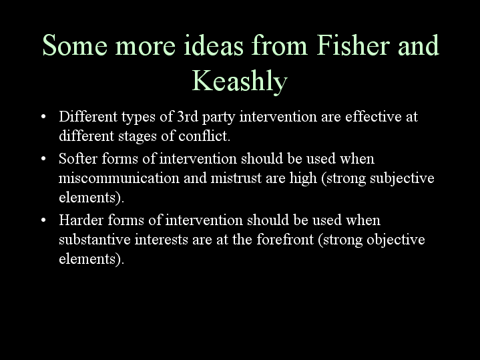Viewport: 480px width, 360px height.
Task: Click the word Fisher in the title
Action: [x=353, y=45]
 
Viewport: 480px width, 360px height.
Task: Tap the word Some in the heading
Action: [x=75, y=45]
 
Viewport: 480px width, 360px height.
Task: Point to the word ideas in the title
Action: [x=214, y=45]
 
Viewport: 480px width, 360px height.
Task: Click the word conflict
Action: [x=204, y=136]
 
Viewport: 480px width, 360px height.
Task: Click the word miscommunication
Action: [x=119, y=178]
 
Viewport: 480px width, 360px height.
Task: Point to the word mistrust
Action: [x=236, y=178]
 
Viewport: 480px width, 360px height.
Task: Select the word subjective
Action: [x=402, y=178]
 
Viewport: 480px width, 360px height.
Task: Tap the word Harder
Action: [x=81, y=220]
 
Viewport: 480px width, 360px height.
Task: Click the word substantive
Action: [x=95, y=239]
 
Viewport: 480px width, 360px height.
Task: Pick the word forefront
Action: [x=285, y=239]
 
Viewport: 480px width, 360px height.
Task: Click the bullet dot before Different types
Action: [x=43, y=117]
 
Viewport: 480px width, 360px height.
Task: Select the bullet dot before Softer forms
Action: [x=43, y=159]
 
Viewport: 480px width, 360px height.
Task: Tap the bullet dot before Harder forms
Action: [x=43, y=220]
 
